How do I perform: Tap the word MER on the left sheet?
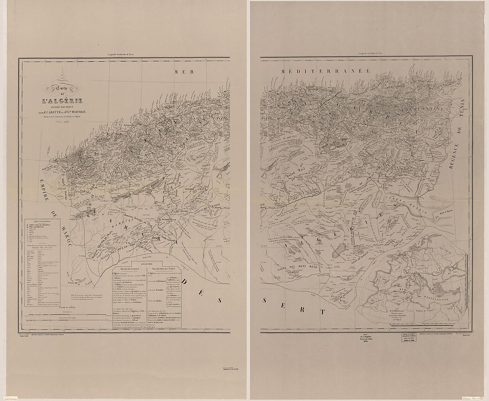tap(182, 72)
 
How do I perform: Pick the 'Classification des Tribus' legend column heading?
tap(164, 269)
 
